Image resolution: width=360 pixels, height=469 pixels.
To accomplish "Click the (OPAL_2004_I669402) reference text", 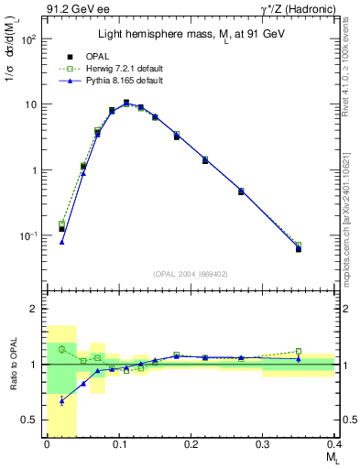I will pyautogui.click(x=190, y=273).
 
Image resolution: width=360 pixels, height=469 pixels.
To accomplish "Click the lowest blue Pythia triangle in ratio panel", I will pyautogui.click(x=61, y=400).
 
